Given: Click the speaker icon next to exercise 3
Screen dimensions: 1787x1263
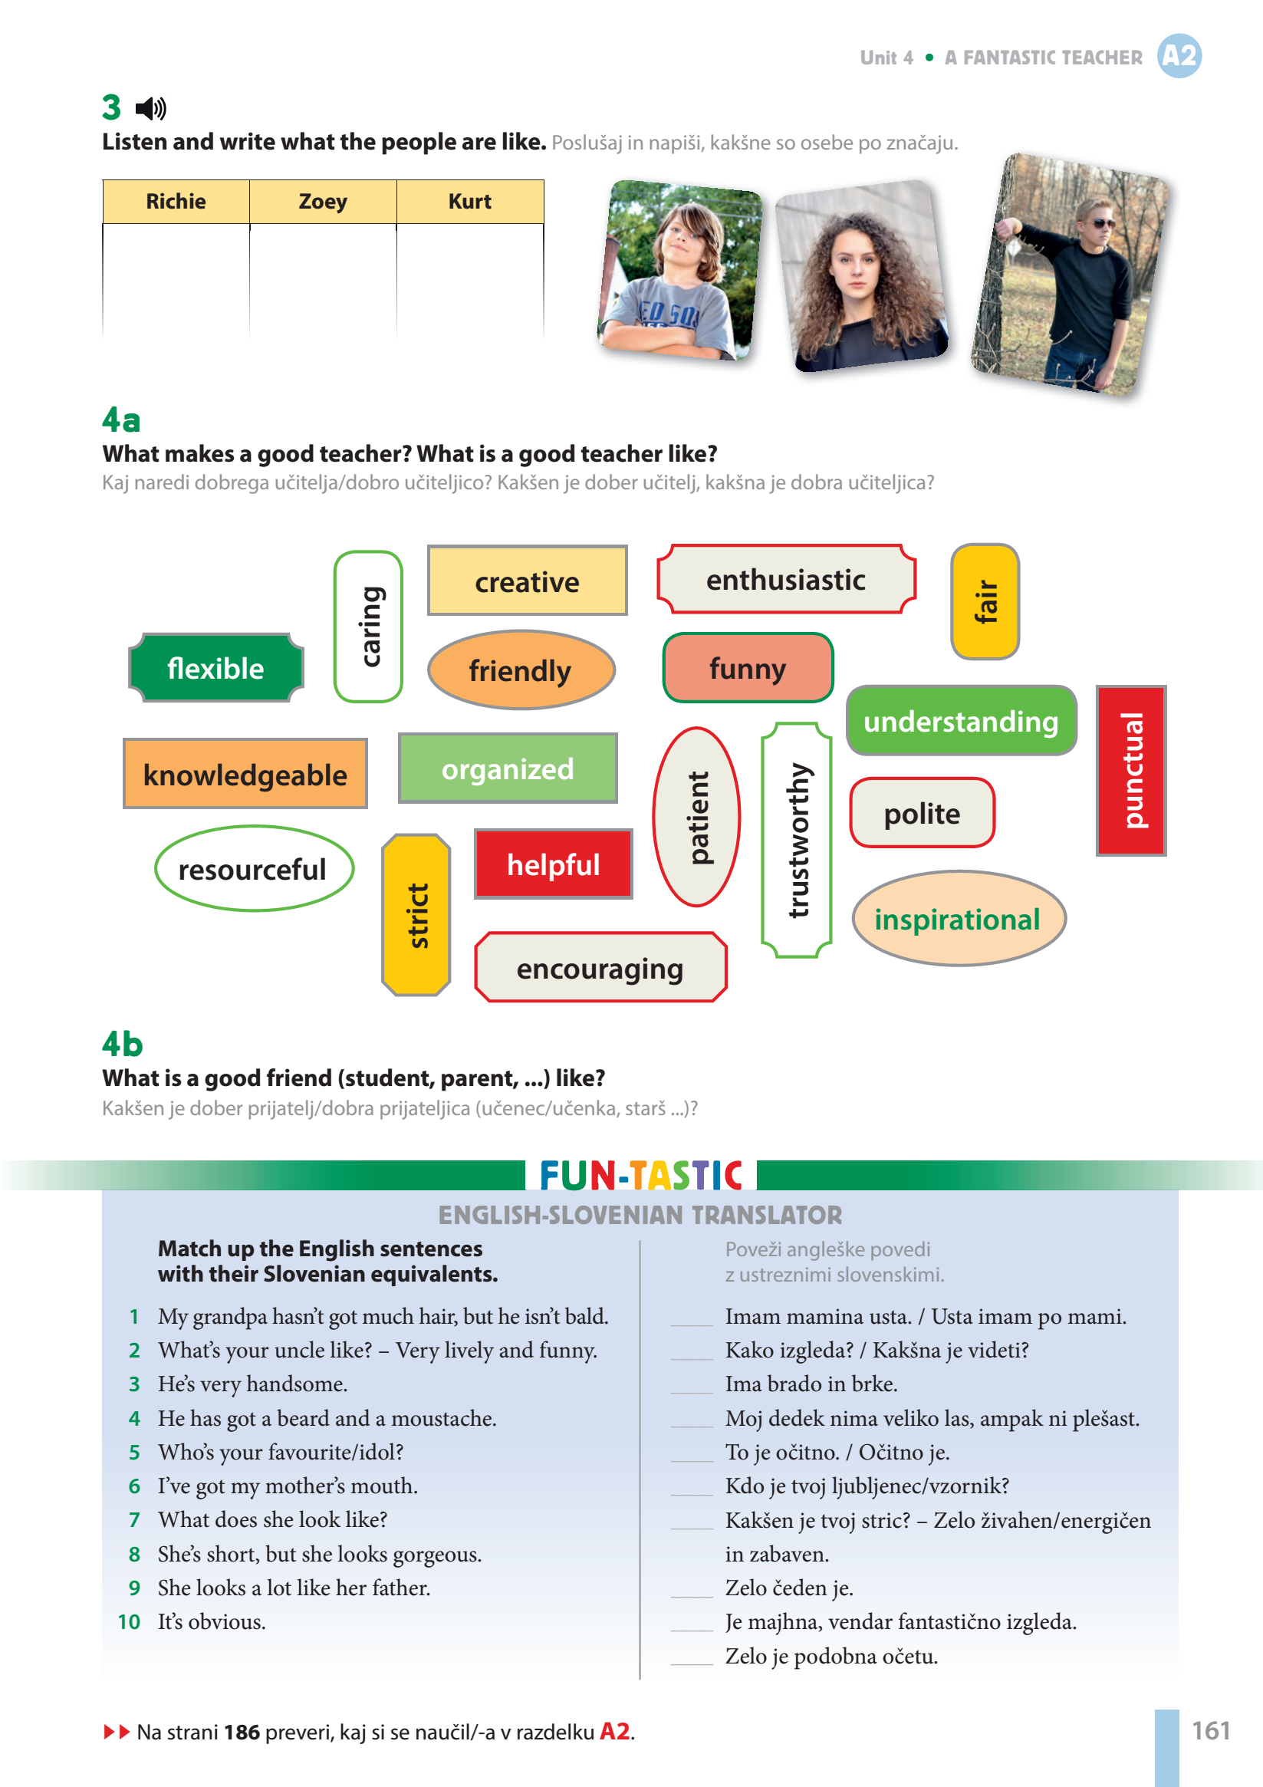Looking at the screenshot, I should [150, 108].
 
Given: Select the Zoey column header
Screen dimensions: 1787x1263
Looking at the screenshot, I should [323, 202].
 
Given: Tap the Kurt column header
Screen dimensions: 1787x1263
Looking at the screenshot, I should [470, 202].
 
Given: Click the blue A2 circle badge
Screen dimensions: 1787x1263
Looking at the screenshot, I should [1179, 56].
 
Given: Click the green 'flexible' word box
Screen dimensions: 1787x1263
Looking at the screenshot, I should [215, 669].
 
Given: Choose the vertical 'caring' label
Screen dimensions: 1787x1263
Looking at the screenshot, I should [369, 627].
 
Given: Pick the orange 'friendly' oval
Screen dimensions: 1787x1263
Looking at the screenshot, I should [521, 670].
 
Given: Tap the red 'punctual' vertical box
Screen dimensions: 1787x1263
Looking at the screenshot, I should [1130, 771].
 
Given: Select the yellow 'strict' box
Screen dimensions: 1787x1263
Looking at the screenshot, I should [416, 915].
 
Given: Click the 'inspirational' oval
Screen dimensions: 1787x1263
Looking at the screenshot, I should [958, 919].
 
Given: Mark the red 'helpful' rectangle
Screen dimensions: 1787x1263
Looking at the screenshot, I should [554, 864].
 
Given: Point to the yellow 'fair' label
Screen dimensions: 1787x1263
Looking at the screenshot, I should [985, 601].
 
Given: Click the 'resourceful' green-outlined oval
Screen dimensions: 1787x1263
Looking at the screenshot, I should [253, 870].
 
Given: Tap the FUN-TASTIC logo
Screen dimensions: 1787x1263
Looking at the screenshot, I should [640, 1175].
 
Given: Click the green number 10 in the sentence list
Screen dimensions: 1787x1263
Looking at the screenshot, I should [129, 1622].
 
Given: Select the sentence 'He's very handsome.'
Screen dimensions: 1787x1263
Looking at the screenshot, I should [253, 1384].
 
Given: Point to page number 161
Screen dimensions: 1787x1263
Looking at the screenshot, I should [1211, 1731].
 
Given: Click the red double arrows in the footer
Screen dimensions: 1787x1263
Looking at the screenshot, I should [117, 1732].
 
